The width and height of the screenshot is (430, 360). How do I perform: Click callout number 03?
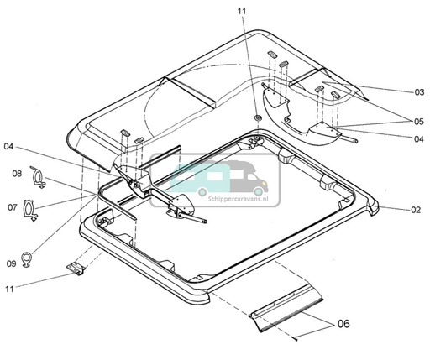point(419,92)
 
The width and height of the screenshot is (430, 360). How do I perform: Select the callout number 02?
point(416,210)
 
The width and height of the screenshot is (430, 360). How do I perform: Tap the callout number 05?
point(419,122)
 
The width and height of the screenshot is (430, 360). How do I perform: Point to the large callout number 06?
point(343,324)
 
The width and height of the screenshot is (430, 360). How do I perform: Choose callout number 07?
point(13,207)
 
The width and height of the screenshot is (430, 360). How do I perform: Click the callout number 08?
point(17,174)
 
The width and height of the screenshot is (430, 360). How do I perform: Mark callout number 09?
point(11,263)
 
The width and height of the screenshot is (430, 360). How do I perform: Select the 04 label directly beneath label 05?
point(419,138)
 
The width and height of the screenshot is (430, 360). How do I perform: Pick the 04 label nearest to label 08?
point(8,146)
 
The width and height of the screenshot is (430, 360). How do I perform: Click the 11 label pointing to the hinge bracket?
point(9,289)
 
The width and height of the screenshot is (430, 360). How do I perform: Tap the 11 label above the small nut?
point(242,11)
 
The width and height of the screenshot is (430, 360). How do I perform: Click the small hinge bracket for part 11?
point(76,269)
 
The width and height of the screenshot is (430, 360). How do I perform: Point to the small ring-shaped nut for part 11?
point(258,117)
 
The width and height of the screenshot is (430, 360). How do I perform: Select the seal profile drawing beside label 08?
point(38,177)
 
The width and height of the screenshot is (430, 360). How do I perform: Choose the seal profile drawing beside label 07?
point(29,210)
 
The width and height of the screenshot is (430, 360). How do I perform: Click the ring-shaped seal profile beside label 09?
point(28,259)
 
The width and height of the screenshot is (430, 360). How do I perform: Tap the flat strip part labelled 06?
point(286,308)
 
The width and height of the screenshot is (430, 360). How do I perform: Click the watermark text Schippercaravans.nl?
point(239,199)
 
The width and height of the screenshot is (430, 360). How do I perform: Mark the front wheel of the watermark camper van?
point(258,191)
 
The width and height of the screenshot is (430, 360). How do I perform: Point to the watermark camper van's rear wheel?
point(202,191)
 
